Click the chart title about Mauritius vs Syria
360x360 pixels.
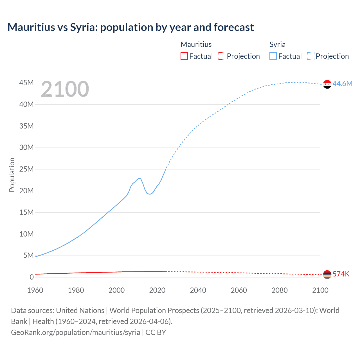click(130, 27)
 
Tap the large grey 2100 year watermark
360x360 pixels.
click(65, 89)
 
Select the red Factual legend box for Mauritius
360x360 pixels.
click(184, 56)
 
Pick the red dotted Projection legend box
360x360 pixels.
click(222, 56)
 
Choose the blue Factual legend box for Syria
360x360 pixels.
click(273, 56)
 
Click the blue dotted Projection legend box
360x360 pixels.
click(310, 56)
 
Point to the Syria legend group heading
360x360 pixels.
click(277, 44)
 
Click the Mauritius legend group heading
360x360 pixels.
click(196, 44)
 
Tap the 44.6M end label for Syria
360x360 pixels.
click(342, 84)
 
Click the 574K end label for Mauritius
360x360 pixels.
click(341, 274)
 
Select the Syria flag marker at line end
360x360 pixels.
click(327, 84)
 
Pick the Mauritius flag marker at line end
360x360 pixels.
click(327, 274)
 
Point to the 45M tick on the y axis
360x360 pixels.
click(26, 83)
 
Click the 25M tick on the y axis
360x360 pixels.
click(26, 169)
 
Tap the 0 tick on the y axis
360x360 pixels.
click(31, 277)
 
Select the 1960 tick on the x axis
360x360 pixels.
click(35, 290)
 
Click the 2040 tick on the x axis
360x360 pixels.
click(198, 290)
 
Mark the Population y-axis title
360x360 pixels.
click(12, 175)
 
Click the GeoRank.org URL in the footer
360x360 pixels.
click(75, 332)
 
